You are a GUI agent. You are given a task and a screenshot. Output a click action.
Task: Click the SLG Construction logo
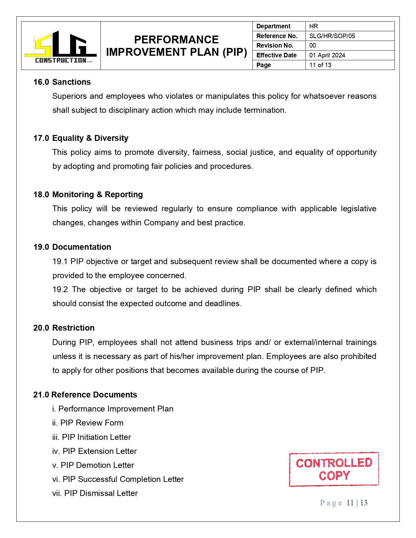click(61, 46)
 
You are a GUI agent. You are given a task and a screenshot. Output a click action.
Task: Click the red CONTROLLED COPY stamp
click(334, 469)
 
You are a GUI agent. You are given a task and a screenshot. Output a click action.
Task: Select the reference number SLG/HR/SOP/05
click(332, 36)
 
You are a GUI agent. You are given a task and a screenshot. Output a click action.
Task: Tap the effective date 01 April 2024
click(327, 55)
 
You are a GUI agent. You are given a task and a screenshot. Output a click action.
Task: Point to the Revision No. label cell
click(275, 45)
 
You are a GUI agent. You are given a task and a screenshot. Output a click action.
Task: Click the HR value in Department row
click(314, 26)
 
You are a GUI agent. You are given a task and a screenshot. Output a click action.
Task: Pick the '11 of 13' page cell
click(320, 65)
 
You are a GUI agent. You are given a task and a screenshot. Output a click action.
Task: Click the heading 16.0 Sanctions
click(62, 82)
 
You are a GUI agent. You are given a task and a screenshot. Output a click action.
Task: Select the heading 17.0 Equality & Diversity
click(81, 138)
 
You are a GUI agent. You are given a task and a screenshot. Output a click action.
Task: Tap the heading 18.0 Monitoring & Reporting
click(88, 194)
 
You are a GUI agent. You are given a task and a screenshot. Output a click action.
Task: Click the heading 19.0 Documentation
click(72, 247)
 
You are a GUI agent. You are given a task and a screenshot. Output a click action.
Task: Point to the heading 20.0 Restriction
click(64, 328)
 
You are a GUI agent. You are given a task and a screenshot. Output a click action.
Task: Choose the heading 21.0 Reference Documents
click(85, 395)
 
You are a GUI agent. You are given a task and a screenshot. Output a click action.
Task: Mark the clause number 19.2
click(60, 290)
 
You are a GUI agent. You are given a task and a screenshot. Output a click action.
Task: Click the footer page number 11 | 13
click(357, 503)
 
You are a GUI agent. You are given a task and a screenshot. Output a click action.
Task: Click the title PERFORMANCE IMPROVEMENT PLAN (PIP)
click(177, 46)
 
